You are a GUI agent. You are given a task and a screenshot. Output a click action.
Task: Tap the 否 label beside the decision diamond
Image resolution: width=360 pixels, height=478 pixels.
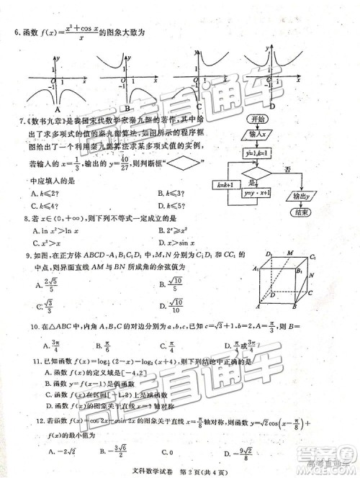pyautogui.click(x=288, y=169)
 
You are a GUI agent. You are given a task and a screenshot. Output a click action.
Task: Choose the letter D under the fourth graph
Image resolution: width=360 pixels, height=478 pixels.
pyautogui.click(x=271, y=107)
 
